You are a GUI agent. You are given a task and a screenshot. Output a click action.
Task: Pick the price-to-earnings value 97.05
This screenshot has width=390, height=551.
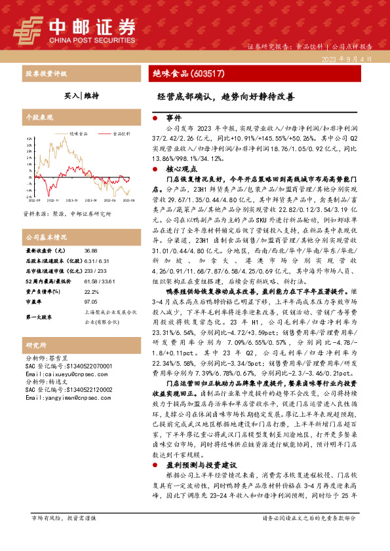click(x=92, y=302)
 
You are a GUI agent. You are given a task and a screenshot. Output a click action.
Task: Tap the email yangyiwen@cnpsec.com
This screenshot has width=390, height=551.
click(x=61, y=397)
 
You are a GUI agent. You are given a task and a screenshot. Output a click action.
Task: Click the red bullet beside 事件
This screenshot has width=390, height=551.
click(x=153, y=118)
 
